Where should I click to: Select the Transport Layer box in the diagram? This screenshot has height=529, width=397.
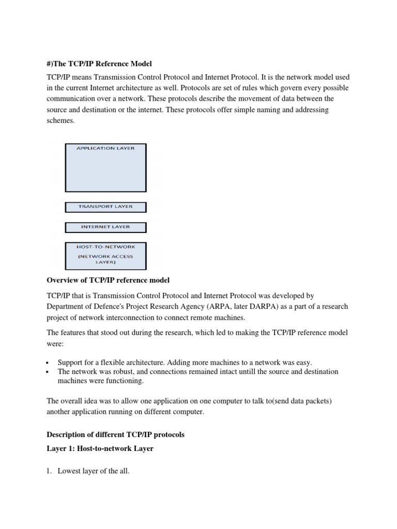coord(105,207)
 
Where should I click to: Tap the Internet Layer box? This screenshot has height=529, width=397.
coord(105,227)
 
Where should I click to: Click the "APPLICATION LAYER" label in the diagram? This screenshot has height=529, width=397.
coord(105,148)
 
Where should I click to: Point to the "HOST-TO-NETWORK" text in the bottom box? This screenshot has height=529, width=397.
coord(105,247)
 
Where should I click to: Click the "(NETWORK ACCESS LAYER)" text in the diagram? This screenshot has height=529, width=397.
coord(105,258)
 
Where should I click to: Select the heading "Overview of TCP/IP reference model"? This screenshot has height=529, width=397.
coord(108,280)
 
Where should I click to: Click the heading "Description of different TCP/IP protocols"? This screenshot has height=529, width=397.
coord(115,435)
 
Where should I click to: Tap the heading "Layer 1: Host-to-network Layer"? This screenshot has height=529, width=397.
coord(100,448)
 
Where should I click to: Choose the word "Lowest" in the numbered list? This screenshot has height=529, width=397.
coord(69,471)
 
